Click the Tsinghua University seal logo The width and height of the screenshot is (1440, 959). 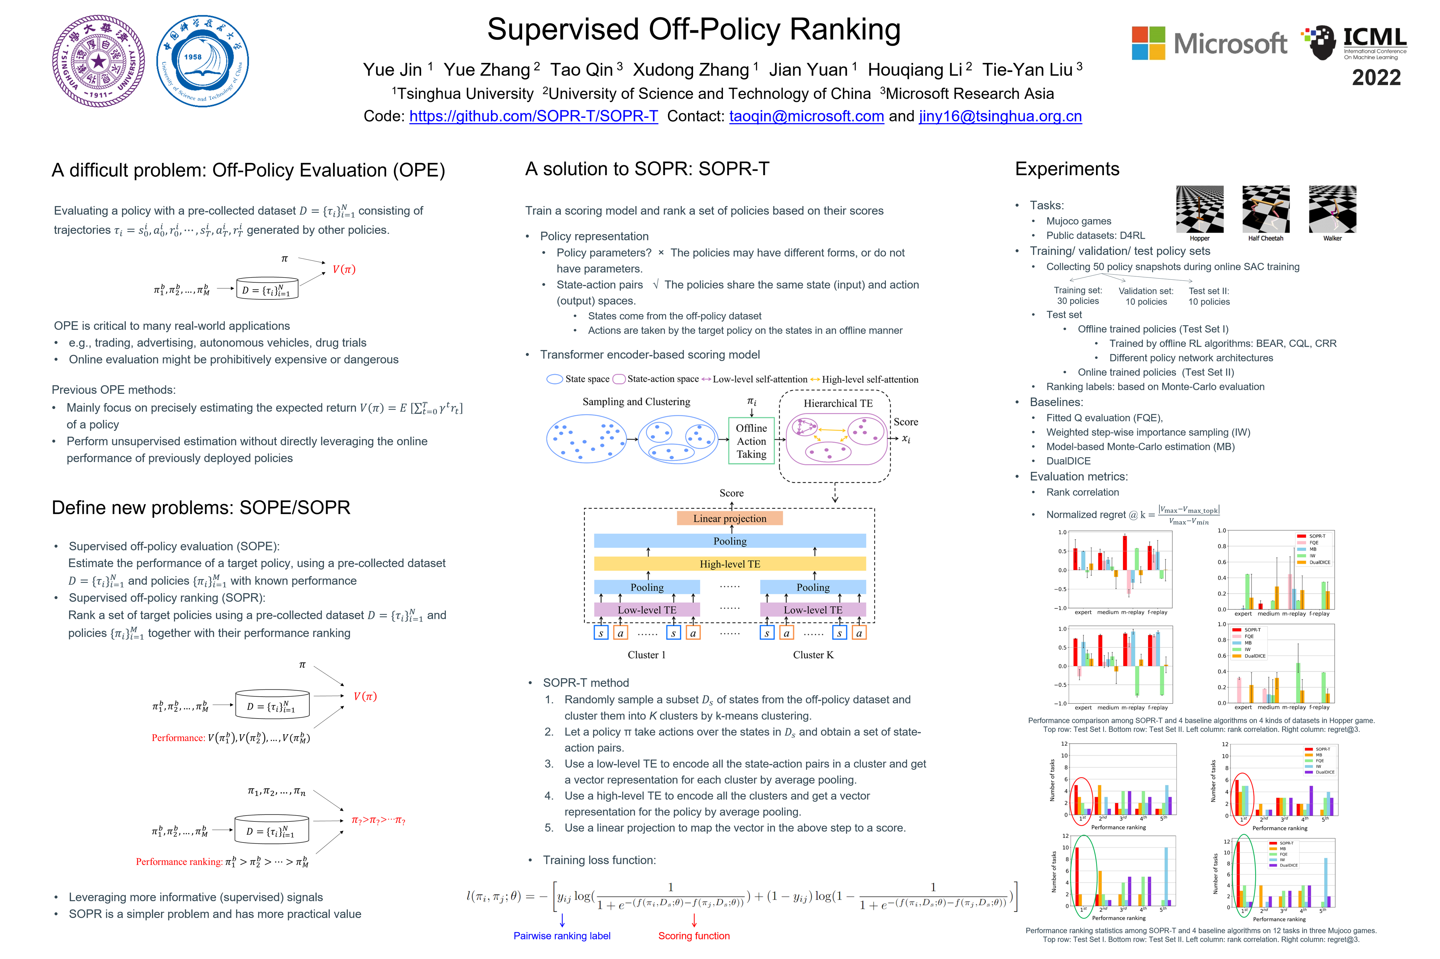(99, 61)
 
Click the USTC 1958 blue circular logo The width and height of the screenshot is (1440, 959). (202, 61)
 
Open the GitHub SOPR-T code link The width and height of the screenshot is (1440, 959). (534, 116)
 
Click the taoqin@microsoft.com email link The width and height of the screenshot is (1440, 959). (806, 116)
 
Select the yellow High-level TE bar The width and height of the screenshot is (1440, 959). (730, 564)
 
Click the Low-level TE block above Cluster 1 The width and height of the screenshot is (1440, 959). (647, 610)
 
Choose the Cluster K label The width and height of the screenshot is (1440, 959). (813, 655)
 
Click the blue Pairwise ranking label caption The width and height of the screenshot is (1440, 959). (561, 936)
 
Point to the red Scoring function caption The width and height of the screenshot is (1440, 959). (694, 936)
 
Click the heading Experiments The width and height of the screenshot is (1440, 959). (1067, 169)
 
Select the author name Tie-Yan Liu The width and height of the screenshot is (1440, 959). (1028, 70)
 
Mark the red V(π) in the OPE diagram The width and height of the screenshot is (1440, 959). (344, 269)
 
